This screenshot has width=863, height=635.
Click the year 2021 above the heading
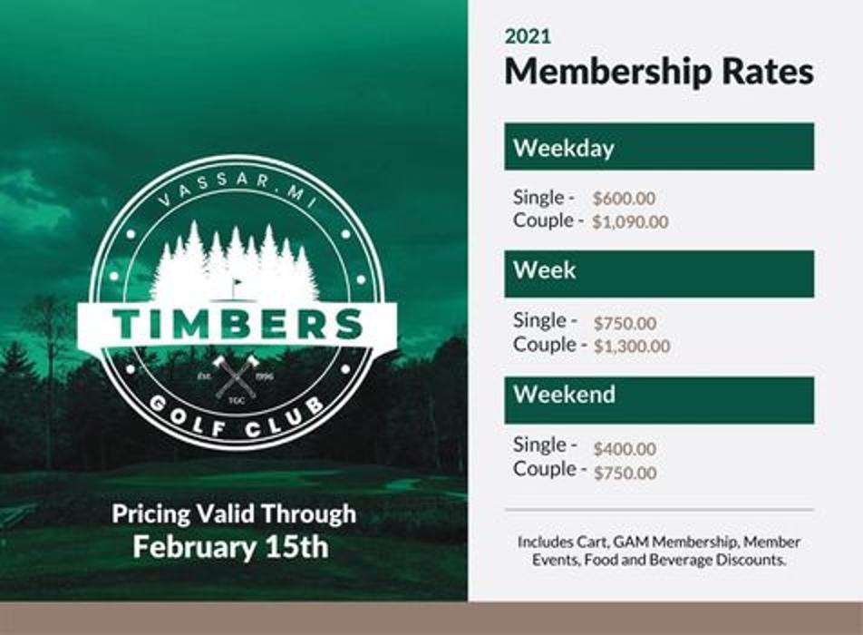pyautogui.click(x=528, y=37)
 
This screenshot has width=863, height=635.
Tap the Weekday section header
pyautogui.click(x=658, y=148)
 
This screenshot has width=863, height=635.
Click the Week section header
pyautogui.click(x=658, y=271)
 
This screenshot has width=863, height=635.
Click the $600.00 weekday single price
pyautogui.click(x=624, y=199)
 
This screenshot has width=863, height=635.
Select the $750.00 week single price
pyautogui.click(x=625, y=323)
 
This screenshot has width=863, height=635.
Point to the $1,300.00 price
pyautogui.click(x=632, y=347)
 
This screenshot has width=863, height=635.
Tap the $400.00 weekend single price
pyautogui.click(x=625, y=449)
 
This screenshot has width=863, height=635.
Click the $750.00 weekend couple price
pyautogui.click(x=625, y=473)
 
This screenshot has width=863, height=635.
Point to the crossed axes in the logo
pyautogui.click(x=237, y=376)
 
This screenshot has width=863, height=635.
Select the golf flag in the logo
pyautogui.click(x=237, y=288)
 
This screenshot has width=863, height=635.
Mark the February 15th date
pyautogui.click(x=230, y=547)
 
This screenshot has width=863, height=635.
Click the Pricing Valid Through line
pyautogui.click(x=234, y=514)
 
